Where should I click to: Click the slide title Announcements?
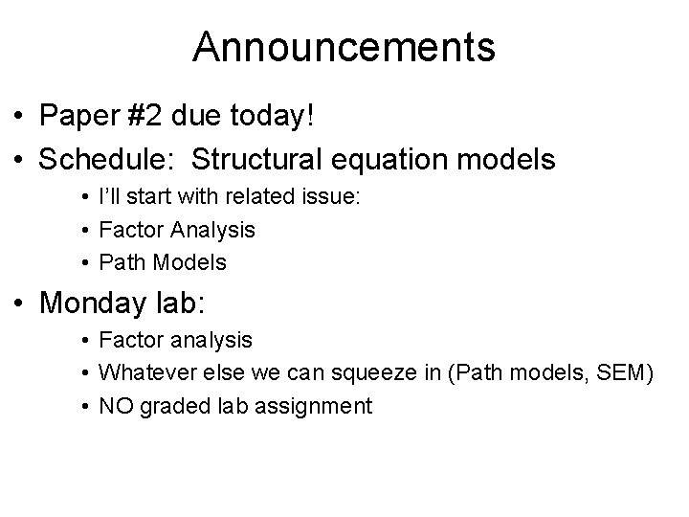click(x=344, y=46)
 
